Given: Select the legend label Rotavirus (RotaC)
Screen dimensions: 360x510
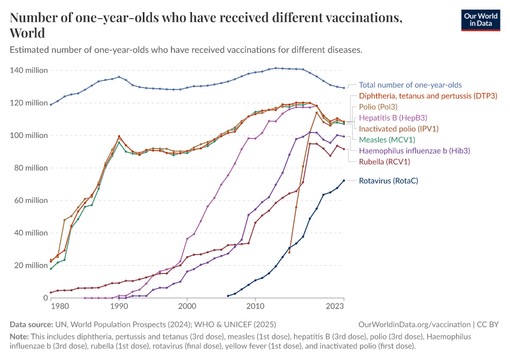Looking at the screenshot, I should [388, 181].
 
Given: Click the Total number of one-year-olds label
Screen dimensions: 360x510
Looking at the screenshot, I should [410, 85].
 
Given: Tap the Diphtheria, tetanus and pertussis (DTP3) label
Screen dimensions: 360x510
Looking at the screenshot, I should [428, 96].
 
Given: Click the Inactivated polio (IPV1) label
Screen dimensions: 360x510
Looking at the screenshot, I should [398, 128].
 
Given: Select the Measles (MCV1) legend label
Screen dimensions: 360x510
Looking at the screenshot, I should [389, 140].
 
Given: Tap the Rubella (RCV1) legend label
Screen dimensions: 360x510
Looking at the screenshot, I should [385, 161].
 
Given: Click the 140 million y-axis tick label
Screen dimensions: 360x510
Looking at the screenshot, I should [29, 71].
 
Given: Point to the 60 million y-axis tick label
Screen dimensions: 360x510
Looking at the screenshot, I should [31, 200].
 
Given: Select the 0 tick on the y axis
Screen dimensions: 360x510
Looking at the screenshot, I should [44, 298].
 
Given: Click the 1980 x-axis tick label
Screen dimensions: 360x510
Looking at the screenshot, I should [59, 307].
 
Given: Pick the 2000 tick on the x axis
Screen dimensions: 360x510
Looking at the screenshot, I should [187, 307].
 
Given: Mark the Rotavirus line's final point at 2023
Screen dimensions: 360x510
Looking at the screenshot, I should [344, 181].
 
